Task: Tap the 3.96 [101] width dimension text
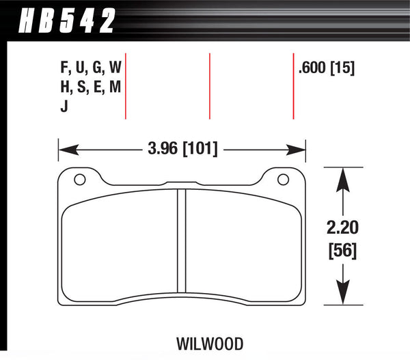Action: (181, 147)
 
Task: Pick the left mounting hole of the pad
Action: (79, 180)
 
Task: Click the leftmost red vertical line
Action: (126, 86)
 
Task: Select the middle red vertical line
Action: (209, 86)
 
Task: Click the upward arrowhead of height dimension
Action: (342, 176)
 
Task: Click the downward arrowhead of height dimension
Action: (342, 295)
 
